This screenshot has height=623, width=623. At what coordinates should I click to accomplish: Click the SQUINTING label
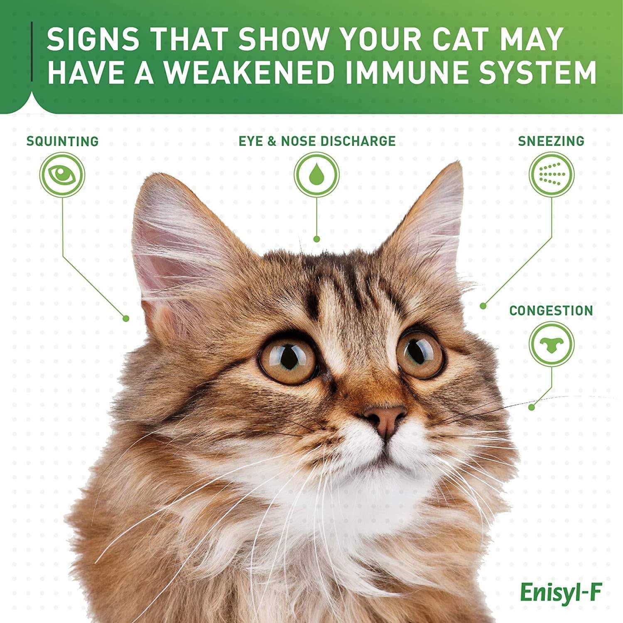tap(62, 141)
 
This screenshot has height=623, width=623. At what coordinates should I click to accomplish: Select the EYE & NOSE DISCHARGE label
tap(316, 141)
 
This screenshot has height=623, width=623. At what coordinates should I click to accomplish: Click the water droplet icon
tap(317, 175)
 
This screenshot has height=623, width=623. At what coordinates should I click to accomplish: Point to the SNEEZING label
tap(551, 141)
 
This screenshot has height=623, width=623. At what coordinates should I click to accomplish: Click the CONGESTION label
tap(551, 310)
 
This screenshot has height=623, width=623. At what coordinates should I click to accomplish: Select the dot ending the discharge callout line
tap(316, 239)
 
